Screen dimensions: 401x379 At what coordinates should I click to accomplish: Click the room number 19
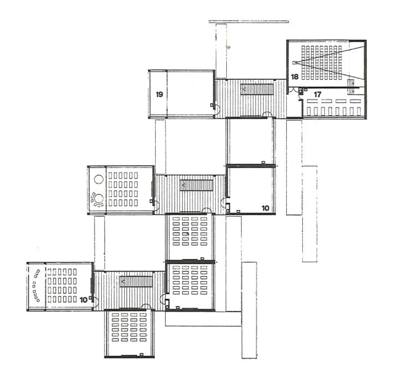159,95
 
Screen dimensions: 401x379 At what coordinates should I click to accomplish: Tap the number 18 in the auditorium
294,76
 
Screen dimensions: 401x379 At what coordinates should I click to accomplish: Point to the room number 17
317,95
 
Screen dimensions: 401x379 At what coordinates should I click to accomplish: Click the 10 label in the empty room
265,208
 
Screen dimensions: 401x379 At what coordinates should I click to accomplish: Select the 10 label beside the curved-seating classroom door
84,300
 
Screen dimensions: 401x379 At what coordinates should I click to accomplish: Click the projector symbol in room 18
295,62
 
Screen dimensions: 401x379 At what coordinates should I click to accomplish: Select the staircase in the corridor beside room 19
257,89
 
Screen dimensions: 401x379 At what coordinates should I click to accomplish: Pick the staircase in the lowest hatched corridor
136,281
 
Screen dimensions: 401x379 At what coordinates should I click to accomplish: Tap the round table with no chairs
99,179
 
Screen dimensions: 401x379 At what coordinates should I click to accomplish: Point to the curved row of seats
36,285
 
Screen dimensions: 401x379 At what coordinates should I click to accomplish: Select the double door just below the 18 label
295,90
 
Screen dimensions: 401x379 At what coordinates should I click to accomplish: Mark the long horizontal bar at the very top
249,22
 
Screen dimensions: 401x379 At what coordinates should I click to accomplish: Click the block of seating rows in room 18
321,63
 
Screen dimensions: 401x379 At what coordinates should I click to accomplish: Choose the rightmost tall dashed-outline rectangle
310,214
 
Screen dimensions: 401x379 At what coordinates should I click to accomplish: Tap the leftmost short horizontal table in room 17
312,101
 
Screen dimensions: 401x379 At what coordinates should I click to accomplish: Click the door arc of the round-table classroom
157,205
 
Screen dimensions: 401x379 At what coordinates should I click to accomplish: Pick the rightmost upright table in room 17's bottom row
359,111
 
